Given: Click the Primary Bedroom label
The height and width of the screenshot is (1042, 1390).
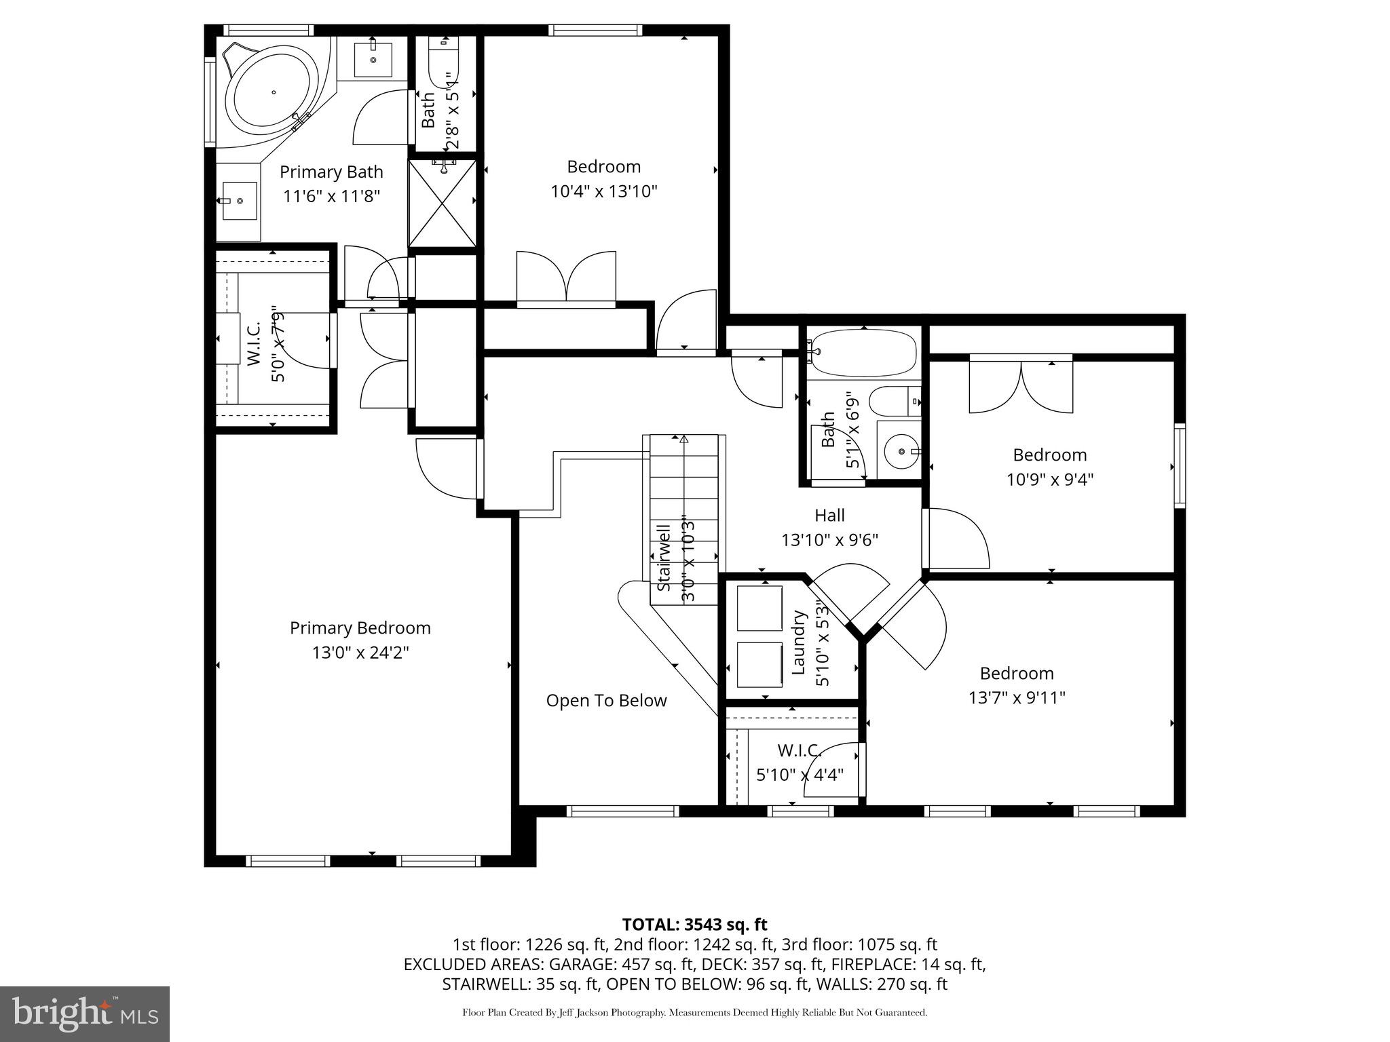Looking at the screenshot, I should pos(360,628).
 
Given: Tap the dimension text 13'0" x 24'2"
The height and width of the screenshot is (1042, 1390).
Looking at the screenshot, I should pos(360,653).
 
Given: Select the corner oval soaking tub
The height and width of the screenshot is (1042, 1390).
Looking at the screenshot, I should pos(274,92).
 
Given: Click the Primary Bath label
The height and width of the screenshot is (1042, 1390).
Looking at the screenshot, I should pos(331,172).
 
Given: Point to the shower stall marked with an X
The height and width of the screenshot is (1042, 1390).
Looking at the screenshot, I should pos(442,204).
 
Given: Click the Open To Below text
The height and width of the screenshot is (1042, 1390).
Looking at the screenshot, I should pos(606,701).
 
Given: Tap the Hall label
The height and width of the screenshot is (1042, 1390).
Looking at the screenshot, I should pos(829,516).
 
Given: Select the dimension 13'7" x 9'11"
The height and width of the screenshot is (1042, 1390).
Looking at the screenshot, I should pos(1016,698).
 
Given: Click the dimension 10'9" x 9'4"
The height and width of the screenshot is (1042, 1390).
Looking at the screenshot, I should pos(1049,480).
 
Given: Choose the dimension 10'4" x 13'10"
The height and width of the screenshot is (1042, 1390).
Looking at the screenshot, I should pos(603,191).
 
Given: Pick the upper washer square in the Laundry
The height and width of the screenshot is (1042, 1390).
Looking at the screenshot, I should pos(759,609).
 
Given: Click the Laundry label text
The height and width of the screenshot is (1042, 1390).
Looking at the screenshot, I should pos(799,642).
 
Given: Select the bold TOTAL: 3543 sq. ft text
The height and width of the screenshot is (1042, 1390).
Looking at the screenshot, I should pos(694,925).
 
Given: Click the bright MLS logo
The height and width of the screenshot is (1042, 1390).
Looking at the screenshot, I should pos(85,1014).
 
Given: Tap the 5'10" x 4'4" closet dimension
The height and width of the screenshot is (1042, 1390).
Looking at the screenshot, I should pos(800,774).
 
